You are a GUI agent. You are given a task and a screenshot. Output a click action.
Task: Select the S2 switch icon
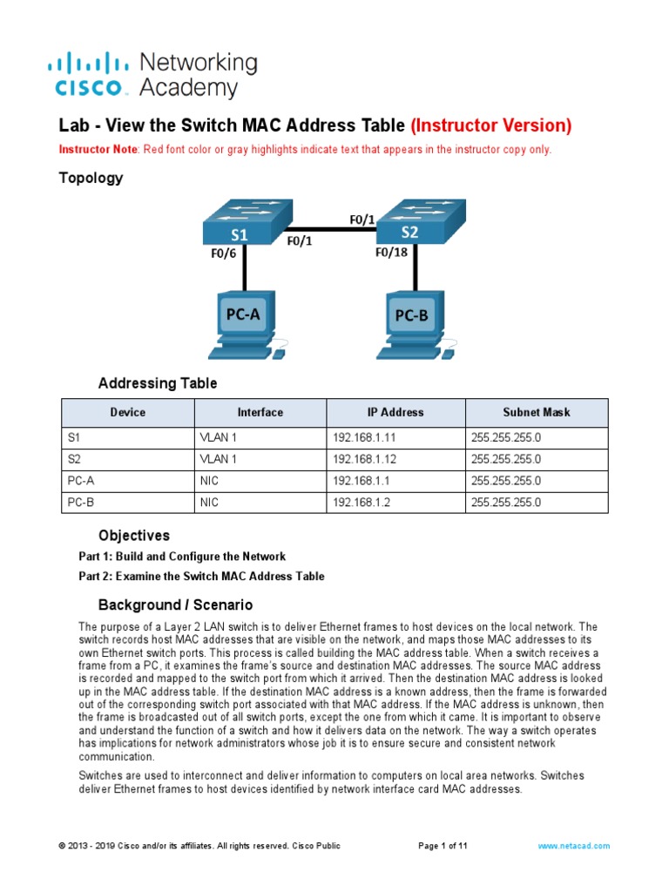coord(416,224)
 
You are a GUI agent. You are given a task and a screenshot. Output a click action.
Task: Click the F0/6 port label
coord(224,254)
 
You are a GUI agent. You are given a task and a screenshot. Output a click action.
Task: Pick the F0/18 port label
coord(391,253)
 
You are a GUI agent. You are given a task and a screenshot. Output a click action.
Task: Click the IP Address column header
coord(395,412)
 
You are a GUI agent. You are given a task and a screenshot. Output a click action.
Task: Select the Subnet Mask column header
coord(537,412)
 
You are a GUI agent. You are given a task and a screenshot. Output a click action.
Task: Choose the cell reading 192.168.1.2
coord(361,503)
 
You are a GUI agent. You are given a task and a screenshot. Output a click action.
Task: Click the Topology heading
coord(91,179)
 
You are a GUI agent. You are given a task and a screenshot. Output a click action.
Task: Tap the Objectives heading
coord(134,536)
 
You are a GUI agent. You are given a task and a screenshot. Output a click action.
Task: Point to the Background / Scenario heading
coord(175,605)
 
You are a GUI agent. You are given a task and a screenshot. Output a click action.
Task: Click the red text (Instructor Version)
coord(491,126)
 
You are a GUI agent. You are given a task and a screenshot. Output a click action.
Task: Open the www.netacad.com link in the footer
coord(574,846)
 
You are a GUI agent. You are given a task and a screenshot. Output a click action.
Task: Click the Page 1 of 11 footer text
coord(443,846)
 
